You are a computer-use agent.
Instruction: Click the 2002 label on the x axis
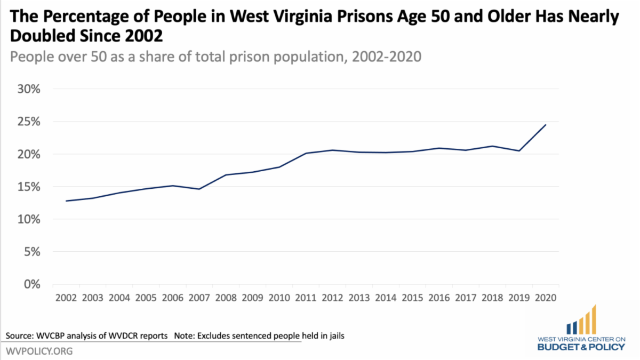click(66, 297)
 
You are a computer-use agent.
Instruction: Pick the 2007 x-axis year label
click(199, 297)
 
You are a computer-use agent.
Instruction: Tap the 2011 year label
click(306, 297)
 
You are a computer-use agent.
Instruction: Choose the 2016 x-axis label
click(439, 297)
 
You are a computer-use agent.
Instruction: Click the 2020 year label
click(546, 297)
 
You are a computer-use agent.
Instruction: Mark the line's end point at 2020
click(546, 125)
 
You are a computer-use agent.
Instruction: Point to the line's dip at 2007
click(199, 189)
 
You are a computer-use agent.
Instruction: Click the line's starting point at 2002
click(66, 201)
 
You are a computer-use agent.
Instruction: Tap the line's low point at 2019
click(519, 151)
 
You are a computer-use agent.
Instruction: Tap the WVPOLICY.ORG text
click(39, 351)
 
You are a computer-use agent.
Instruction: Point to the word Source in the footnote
click(20, 336)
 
